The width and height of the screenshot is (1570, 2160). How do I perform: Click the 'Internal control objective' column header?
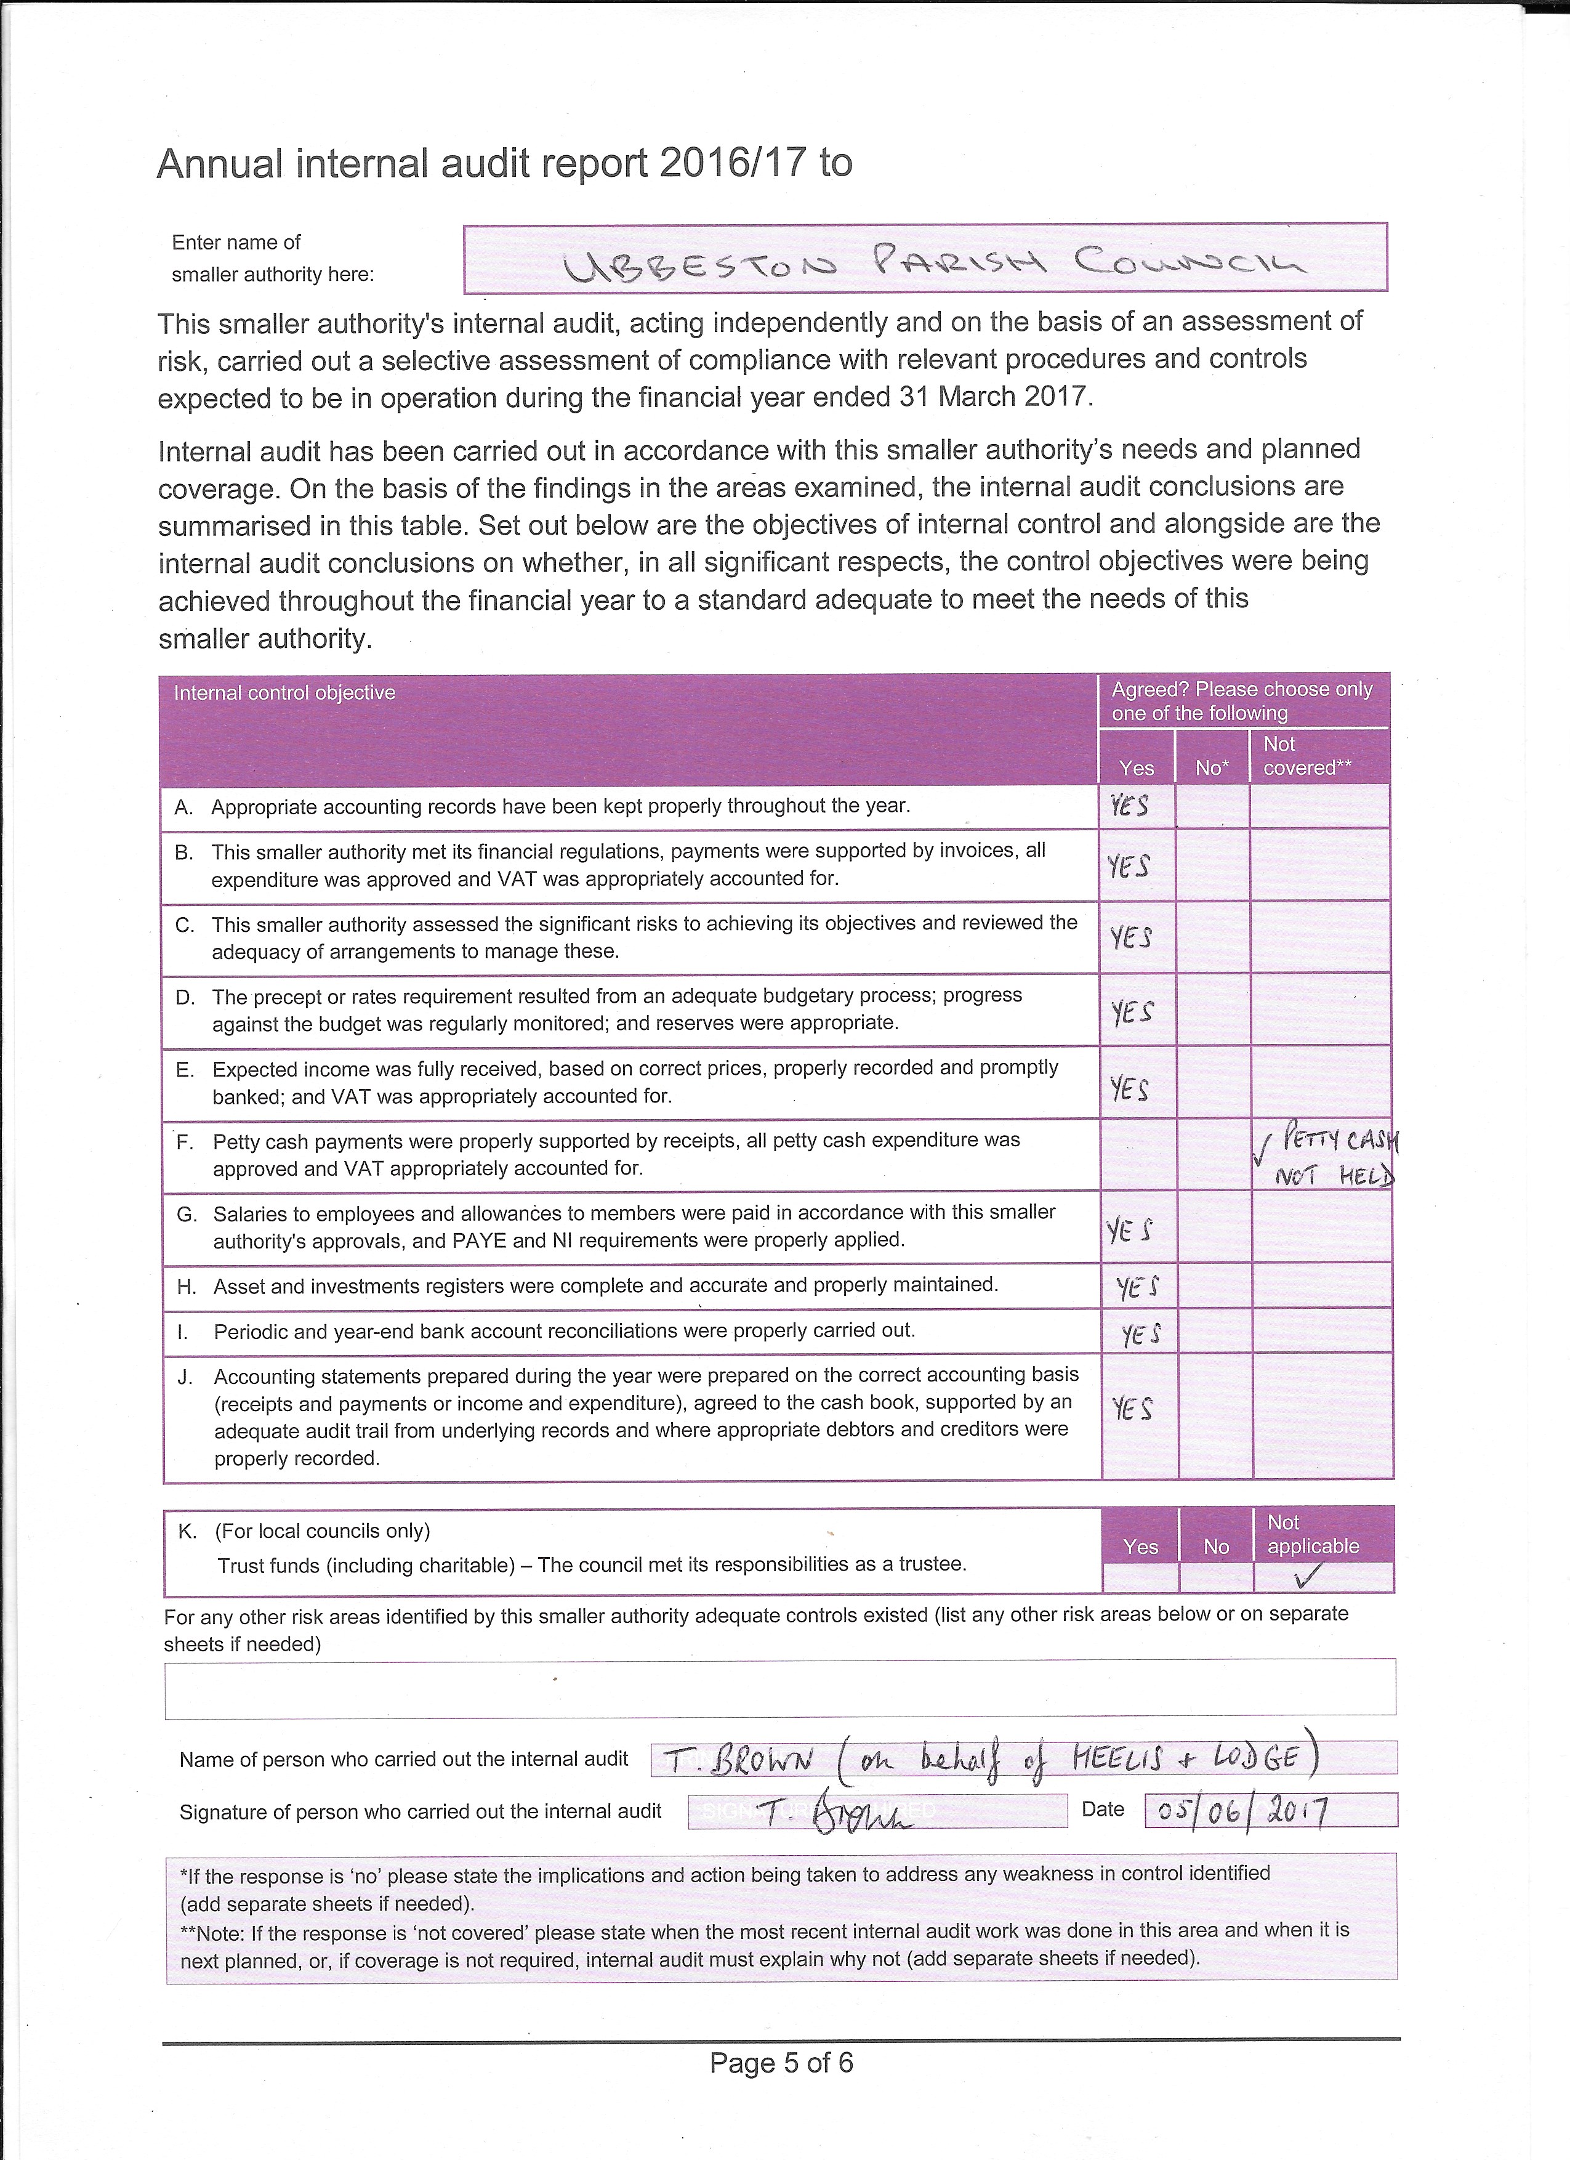[x=284, y=694]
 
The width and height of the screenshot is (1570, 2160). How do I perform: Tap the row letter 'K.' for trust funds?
[x=188, y=1531]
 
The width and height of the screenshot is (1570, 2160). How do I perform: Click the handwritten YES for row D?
[x=1132, y=1011]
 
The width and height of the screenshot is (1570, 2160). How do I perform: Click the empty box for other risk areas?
[x=779, y=1689]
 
